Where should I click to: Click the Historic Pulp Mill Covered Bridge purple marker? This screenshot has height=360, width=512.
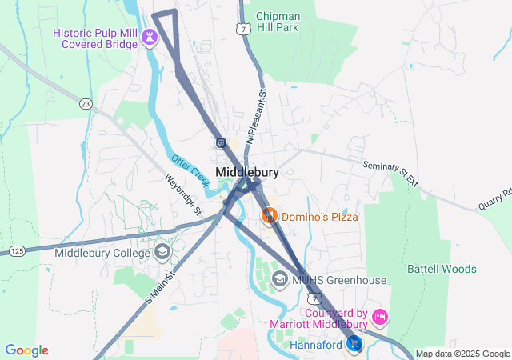pos(149,37)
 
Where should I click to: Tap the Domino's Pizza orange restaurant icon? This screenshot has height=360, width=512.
pos(270,216)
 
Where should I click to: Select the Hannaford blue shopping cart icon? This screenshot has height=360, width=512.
pos(354,344)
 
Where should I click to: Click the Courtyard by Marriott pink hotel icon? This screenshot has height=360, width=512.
pos(380,318)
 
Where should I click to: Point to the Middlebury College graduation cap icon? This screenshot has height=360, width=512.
pos(162,253)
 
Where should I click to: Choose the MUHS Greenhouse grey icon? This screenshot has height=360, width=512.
pos(280,280)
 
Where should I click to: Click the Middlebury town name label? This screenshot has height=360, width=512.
pos(247,172)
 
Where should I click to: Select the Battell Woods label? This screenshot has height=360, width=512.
pos(442,269)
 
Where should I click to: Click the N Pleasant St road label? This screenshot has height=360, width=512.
pos(255,116)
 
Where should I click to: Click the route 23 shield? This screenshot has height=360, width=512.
pos(86,103)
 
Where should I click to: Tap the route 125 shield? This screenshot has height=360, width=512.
pos(17,251)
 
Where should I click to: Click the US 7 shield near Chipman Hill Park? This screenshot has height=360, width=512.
pos(242,29)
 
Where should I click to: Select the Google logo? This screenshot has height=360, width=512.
pos(26,350)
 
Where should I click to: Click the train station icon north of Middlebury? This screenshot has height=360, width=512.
pos(221,142)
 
